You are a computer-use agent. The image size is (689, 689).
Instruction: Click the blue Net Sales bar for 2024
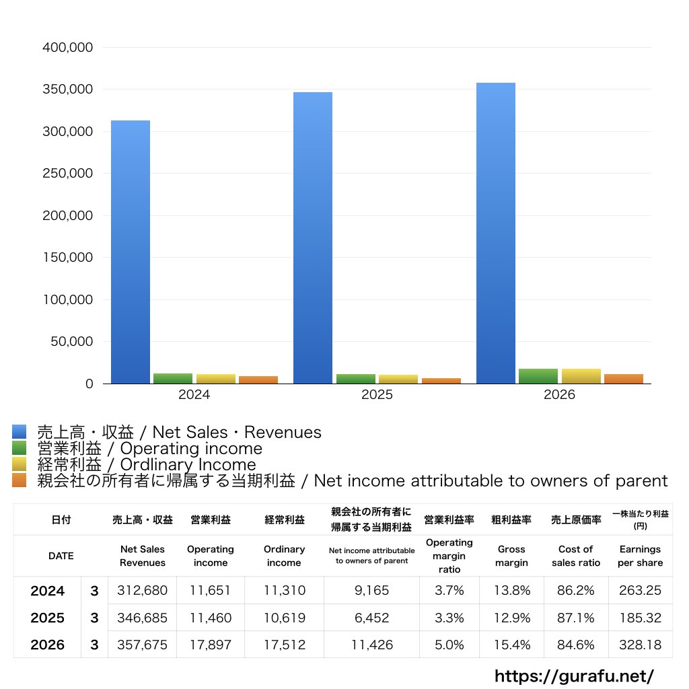131,252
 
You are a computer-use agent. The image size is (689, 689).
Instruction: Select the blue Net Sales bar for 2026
496,233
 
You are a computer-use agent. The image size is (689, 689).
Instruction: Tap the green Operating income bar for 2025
356,379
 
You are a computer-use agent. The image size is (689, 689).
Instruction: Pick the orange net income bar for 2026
624,379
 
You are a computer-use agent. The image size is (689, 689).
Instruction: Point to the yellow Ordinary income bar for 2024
216,379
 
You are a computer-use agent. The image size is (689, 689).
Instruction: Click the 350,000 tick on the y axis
68,89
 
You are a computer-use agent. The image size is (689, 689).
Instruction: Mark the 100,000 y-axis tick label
68,299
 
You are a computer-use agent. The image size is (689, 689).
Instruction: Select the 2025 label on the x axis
377,394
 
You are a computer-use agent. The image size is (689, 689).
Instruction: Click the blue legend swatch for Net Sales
20,431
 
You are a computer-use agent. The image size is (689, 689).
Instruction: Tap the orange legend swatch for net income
20,480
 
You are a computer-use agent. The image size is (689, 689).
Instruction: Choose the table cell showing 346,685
143,618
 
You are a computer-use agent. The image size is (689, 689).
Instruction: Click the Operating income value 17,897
211,645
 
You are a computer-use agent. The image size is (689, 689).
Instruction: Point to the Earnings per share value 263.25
641,590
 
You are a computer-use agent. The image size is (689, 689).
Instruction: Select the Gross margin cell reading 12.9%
512,618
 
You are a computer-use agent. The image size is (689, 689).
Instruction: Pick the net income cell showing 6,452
371,618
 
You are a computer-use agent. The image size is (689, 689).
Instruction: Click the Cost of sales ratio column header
576,556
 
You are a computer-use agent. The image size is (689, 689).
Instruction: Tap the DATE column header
61,556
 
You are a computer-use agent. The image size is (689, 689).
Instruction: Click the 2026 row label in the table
48,645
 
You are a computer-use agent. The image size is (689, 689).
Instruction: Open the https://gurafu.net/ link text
575,676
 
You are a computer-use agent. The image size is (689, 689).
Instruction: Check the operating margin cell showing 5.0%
449,645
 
